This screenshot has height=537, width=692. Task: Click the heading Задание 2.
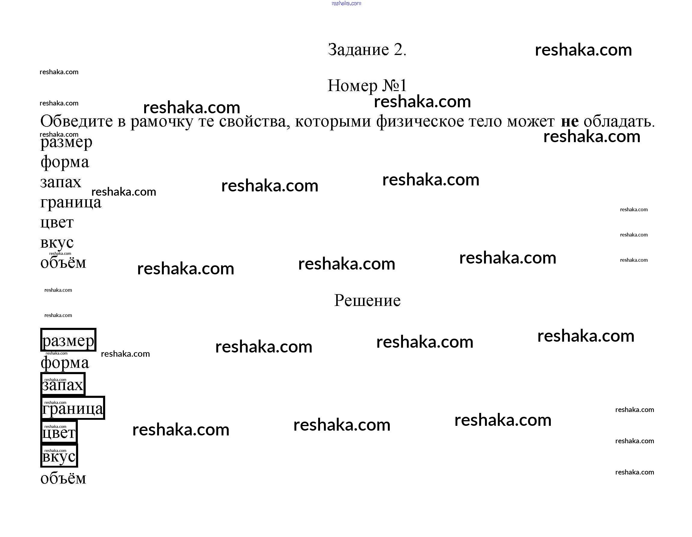367,50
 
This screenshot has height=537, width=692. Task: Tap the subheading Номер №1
367,86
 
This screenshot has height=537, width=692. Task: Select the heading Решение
367,300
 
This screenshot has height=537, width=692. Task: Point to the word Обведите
76,121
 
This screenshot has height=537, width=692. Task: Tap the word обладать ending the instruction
619,121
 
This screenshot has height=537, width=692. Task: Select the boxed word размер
68,340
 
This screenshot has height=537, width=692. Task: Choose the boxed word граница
72,408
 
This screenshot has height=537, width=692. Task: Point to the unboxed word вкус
57,243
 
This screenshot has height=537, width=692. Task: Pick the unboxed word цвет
57,222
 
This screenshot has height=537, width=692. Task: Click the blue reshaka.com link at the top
346,4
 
